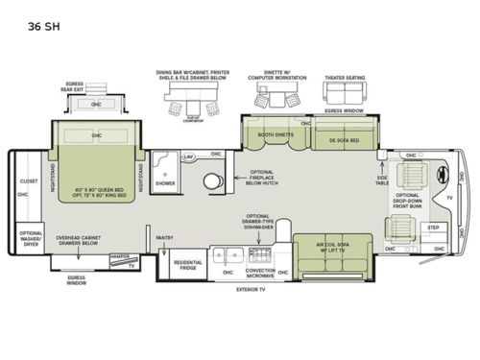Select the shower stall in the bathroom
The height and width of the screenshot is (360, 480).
tap(165, 170)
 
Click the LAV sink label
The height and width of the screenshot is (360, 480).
tap(189, 156)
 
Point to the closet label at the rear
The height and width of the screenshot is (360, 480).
tap(28, 180)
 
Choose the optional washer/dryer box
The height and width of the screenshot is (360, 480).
tap(31, 237)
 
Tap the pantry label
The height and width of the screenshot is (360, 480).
tap(164, 236)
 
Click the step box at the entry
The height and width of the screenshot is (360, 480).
tap(433, 228)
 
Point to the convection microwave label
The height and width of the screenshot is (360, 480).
tap(261, 274)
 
